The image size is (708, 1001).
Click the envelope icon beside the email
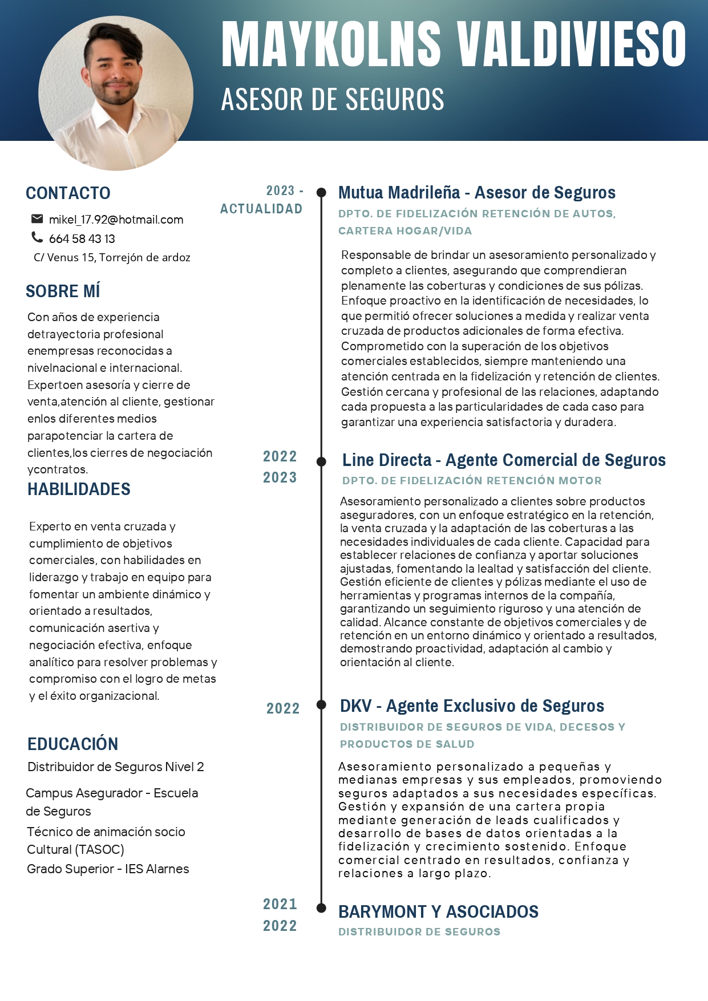pos(37,218)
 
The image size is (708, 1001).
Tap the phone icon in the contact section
pos(37,237)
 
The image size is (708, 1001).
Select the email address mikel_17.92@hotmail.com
pos(116,220)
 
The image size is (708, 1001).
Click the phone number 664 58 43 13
pos(82,238)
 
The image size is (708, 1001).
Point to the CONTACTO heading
pos(68,193)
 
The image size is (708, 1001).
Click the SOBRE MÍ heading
pos(63,291)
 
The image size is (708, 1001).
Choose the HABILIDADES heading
pos(79,489)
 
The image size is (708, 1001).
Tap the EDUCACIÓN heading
pos(72,744)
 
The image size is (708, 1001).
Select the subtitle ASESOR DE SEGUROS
pos(333,100)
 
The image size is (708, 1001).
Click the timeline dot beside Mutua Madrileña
pos(321,192)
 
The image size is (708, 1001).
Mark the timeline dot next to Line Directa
pos(321,461)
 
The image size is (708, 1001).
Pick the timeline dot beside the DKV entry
pos(321,705)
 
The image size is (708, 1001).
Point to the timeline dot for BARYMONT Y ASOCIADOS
pos(321,907)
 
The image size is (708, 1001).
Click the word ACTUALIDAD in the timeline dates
pos(261,209)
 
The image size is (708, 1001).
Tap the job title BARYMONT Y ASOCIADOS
pos(438,911)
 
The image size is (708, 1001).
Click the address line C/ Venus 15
pos(112,257)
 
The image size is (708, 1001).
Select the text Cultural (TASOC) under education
pos(75,849)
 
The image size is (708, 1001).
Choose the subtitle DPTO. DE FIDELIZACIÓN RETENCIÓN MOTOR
pos(472,481)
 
